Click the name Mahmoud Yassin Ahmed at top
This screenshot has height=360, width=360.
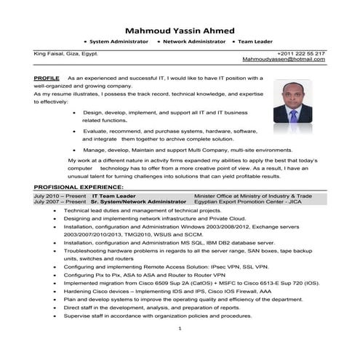pos(180,31)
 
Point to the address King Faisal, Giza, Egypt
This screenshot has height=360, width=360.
pos(65,54)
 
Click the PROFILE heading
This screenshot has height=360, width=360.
pos(47,78)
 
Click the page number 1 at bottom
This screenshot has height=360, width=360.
pos(180,329)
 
